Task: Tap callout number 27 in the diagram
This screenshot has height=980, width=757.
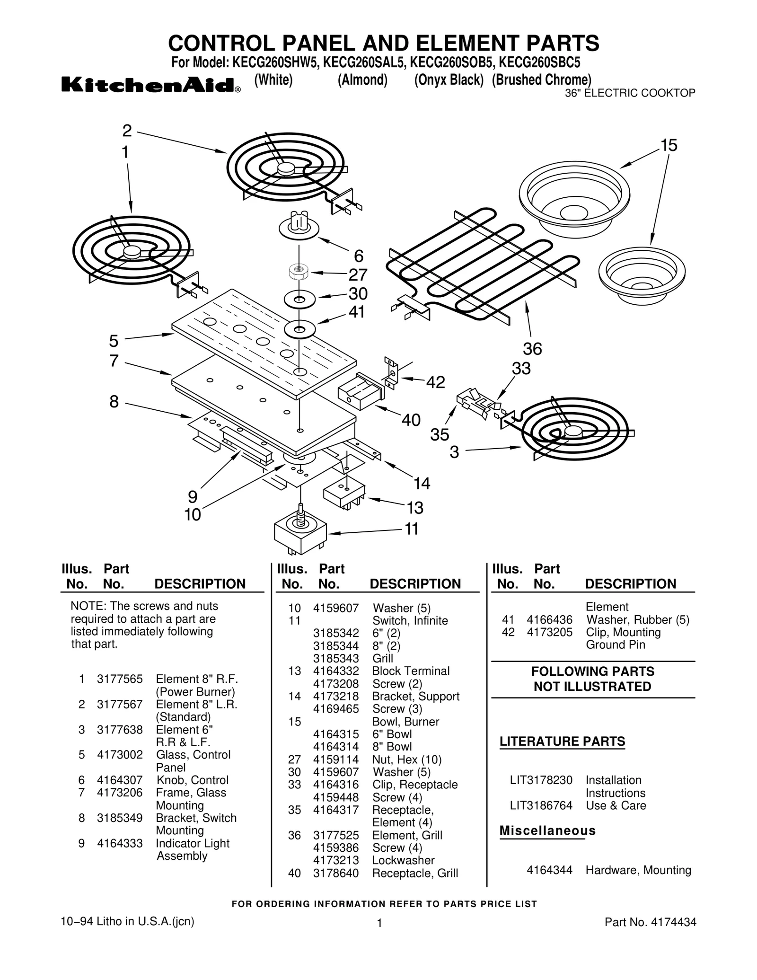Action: tap(358, 274)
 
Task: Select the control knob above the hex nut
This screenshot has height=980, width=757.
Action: tap(299, 226)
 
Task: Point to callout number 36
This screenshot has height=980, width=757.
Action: tap(532, 349)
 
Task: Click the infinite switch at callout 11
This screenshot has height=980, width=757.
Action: tap(300, 532)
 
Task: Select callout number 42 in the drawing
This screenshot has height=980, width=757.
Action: tap(435, 382)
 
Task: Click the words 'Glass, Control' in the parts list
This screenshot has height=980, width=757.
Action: tap(193, 755)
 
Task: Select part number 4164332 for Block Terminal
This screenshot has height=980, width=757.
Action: tap(335, 671)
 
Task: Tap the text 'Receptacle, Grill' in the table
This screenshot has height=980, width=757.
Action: tap(414, 873)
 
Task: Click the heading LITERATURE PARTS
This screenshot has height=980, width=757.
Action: tap(562, 742)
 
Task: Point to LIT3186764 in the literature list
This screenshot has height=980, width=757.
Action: tap(541, 805)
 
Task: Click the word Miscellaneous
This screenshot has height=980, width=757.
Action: tap(547, 830)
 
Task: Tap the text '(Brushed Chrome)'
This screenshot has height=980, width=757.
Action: tap(541, 79)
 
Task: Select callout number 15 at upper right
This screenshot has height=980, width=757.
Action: tap(669, 145)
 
